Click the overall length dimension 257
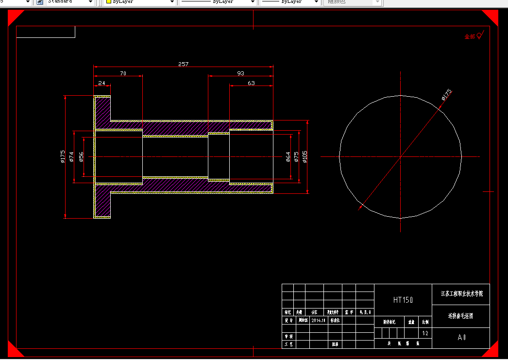coord(183,64)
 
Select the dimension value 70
coord(123,73)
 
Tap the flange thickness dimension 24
coord(102,83)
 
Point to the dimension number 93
coord(240,73)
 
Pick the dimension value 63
coord(251,83)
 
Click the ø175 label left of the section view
coord(63,156)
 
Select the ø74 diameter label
coord(71,156)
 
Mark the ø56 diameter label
coord(82,156)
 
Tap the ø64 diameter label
coord(288,157)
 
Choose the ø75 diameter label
coord(297,157)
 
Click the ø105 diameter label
coord(305,157)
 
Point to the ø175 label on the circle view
coord(446,94)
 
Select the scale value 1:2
coord(425,333)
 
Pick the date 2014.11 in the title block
coord(319,321)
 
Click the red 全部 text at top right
coord(470,37)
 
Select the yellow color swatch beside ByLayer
coord(109,2)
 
